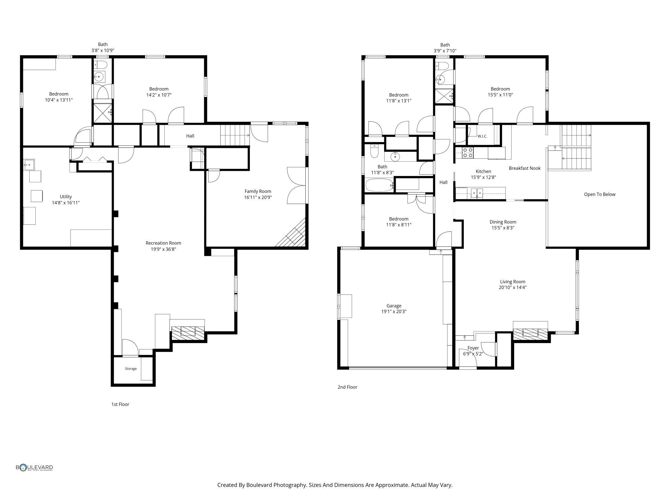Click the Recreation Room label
[x=163, y=243]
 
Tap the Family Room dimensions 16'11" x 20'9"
[x=258, y=197]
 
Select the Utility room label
[x=66, y=197]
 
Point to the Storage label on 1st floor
[x=131, y=368]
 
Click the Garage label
[x=394, y=306]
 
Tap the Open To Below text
[x=599, y=194]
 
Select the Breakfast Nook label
[x=524, y=168]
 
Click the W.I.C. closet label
[x=482, y=136]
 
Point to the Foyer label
[x=473, y=348]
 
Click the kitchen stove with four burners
[x=468, y=153]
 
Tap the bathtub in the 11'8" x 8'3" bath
[x=379, y=185]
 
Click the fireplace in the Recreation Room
[x=188, y=333]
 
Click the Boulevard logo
[x=34, y=468]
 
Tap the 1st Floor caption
[x=120, y=404]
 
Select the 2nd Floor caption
[x=347, y=387]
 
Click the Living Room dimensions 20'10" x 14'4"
[x=512, y=287]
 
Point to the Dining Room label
[x=503, y=222]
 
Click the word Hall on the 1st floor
[x=190, y=136]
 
